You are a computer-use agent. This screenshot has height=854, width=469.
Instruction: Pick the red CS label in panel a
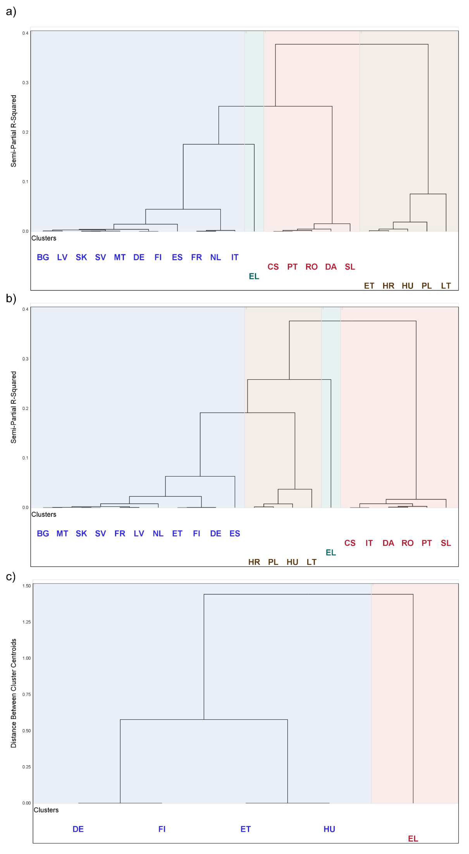point(273,267)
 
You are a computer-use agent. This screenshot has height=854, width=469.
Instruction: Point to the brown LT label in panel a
point(446,286)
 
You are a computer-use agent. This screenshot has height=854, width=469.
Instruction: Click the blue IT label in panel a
point(235,257)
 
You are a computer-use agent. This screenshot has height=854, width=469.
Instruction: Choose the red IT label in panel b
point(369,543)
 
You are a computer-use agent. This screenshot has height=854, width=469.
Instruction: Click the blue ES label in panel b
point(235,533)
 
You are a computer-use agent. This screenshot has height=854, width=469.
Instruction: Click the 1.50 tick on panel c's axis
point(27,586)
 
